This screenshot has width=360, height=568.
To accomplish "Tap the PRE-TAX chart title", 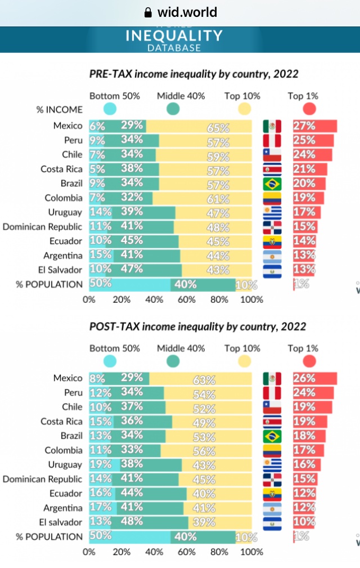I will click(194, 74).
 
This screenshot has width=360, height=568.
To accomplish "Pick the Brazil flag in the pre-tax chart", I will click(272, 184).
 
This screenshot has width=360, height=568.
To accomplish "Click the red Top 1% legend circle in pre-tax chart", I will click(309, 109).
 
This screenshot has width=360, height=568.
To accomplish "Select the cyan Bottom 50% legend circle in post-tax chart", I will click(110, 361).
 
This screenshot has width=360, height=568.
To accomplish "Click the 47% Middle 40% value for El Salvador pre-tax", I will click(131, 269).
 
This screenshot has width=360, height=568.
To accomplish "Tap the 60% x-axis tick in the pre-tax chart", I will click(186, 299).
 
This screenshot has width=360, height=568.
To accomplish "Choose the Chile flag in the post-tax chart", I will click(272, 407).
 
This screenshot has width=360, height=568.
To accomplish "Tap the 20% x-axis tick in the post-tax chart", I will click(121, 552).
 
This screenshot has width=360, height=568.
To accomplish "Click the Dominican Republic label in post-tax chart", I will click(43, 479).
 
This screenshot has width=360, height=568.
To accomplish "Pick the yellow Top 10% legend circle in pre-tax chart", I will click(245, 109).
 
